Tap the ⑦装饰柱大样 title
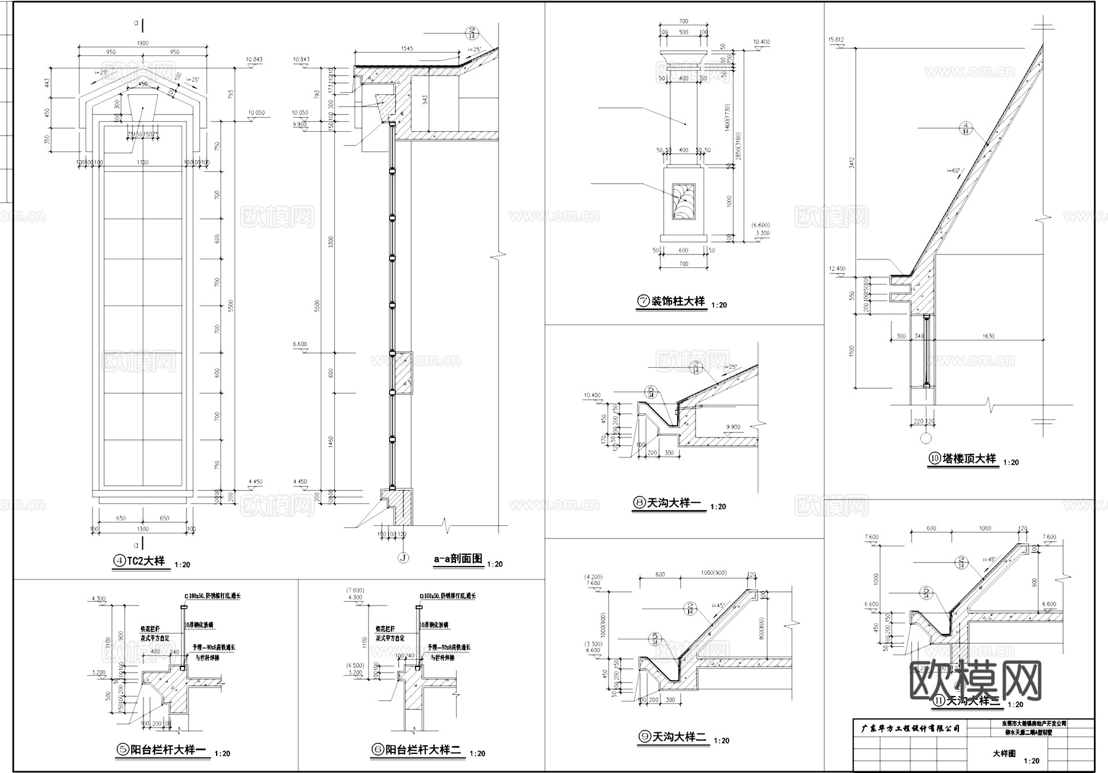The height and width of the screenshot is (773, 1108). pyautogui.click(x=672, y=302)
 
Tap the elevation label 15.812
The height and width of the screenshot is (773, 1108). pyautogui.click(x=836, y=40)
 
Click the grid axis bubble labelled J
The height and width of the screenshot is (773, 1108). pyautogui.click(x=403, y=559)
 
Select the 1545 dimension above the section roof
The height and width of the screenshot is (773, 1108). pyautogui.click(x=407, y=47)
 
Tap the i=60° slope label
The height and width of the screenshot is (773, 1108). pyautogui.click(x=953, y=170)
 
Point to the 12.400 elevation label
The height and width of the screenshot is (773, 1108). pyautogui.click(x=837, y=269)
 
